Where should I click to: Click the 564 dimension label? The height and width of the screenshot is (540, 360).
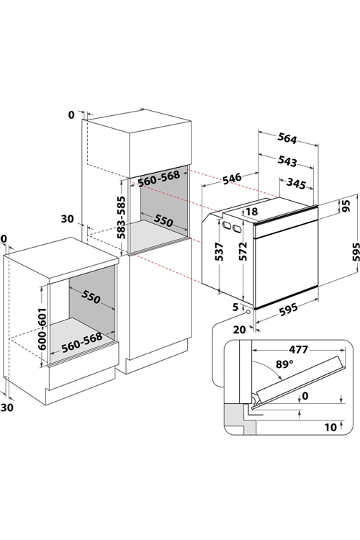click(287, 138)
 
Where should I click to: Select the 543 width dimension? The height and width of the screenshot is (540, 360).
click(287, 161)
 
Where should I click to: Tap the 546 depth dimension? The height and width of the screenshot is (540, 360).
click(232, 179)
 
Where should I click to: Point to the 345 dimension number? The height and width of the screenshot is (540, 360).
click(296, 184)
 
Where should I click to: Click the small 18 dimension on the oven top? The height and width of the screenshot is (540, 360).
click(252, 212)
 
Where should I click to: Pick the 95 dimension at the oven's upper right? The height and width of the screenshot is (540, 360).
click(346, 206)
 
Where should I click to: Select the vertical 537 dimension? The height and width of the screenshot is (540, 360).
click(220, 251)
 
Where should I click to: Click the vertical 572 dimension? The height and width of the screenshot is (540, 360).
click(243, 251)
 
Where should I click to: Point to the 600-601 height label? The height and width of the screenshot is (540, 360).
click(42, 329)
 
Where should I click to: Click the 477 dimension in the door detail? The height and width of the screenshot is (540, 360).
click(298, 349)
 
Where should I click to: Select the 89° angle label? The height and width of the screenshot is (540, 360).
click(284, 364)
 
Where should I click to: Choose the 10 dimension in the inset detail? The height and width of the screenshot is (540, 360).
click(330, 428)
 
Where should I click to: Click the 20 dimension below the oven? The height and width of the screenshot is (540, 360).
click(240, 330)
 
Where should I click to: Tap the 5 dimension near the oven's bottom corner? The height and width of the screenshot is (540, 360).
click(235, 307)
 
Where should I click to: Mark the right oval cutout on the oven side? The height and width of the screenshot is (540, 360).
click(237, 228)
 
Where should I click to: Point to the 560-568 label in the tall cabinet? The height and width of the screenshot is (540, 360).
click(159, 178)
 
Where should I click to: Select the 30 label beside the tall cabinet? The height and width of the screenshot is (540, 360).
click(68, 219)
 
